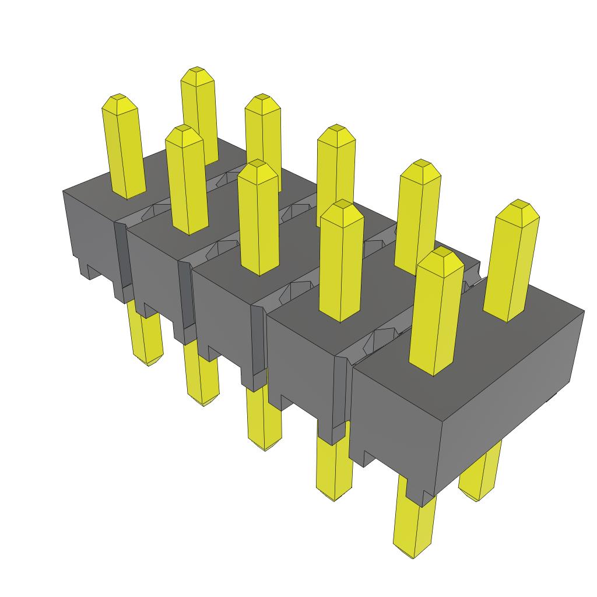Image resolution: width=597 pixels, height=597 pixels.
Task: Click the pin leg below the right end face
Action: pos(480,472)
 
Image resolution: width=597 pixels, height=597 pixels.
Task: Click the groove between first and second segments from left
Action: pos(120,257)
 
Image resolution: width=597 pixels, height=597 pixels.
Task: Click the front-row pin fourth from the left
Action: pos(341,262)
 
